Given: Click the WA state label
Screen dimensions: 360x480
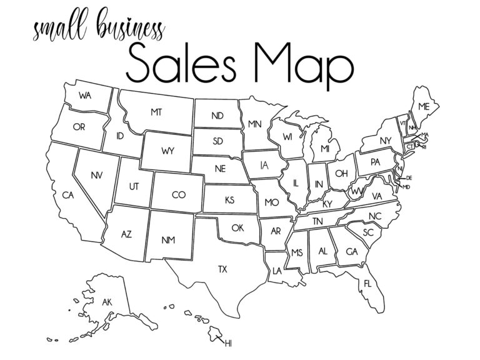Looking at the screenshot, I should pyautogui.click(x=86, y=96).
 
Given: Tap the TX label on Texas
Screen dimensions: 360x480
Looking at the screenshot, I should pyautogui.click(x=222, y=270).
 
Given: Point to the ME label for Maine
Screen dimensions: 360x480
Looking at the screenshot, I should pyautogui.click(x=424, y=107).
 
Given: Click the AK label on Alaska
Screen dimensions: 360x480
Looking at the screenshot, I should pyautogui.click(x=107, y=302).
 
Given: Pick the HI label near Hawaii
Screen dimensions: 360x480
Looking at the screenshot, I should pyautogui.click(x=228, y=343).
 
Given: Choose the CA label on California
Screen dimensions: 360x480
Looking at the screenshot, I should pyautogui.click(x=68, y=196).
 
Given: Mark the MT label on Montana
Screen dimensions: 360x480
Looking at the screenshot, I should pyautogui.click(x=156, y=112).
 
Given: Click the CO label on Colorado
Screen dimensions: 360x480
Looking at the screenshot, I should pyautogui.click(x=179, y=196).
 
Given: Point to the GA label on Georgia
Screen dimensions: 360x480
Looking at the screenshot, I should pyautogui.click(x=351, y=252).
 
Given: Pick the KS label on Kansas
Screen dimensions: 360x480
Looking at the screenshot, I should pyautogui.click(x=229, y=201).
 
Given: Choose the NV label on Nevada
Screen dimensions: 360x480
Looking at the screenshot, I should pyautogui.click(x=96, y=175).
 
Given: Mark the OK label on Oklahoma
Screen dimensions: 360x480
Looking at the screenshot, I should pyautogui.click(x=237, y=228).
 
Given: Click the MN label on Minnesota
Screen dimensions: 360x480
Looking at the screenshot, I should pyautogui.click(x=254, y=124).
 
